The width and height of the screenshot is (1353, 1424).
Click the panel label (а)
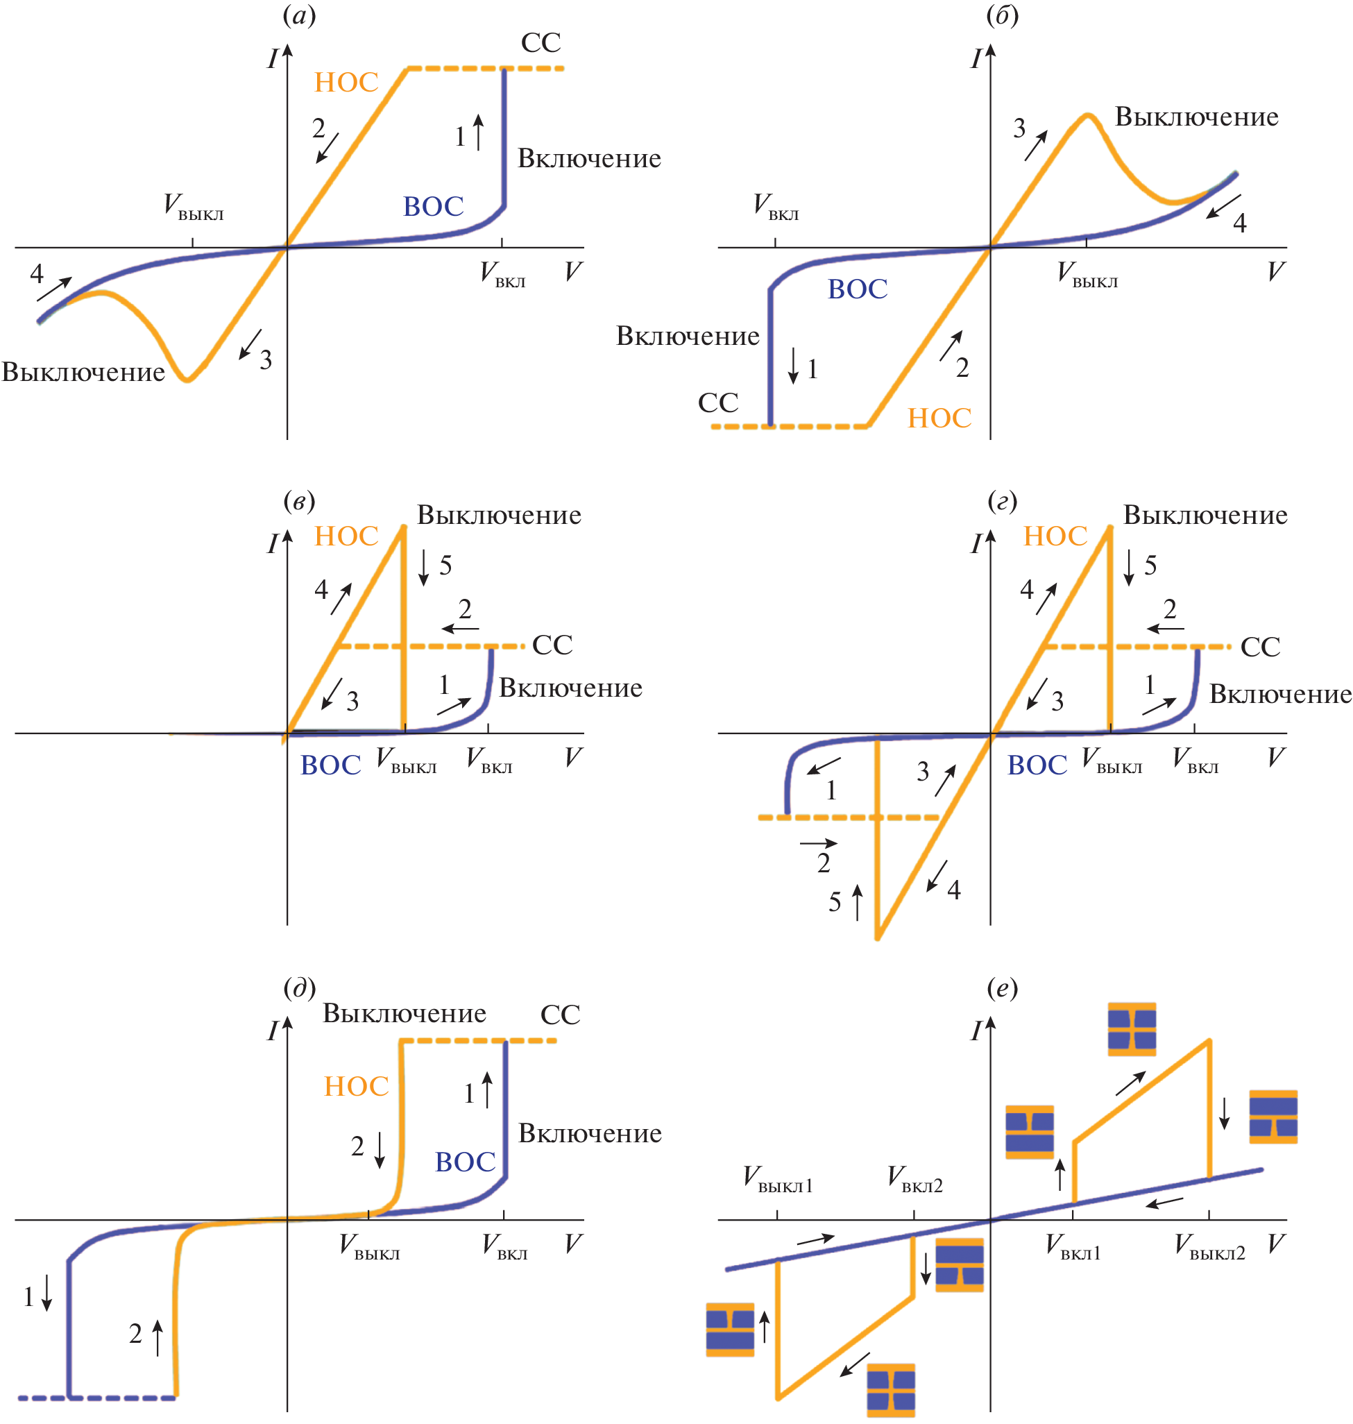click(x=299, y=16)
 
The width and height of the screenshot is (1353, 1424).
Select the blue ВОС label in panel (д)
click(x=465, y=1162)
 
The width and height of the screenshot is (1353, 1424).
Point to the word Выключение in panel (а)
click(x=84, y=372)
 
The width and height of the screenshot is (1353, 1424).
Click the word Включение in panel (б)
click(x=688, y=336)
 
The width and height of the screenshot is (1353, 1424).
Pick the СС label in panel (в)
click(x=552, y=645)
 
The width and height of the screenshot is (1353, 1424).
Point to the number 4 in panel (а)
click(x=37, y=273)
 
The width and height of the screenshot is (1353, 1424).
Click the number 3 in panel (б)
click(x=1019, y=128)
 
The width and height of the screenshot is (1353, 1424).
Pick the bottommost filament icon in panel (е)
click(x=891, y=1389)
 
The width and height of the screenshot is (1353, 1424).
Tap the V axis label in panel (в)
click(x=573, y=756)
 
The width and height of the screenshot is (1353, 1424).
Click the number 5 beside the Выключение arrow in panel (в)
click(x=445, y=566)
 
